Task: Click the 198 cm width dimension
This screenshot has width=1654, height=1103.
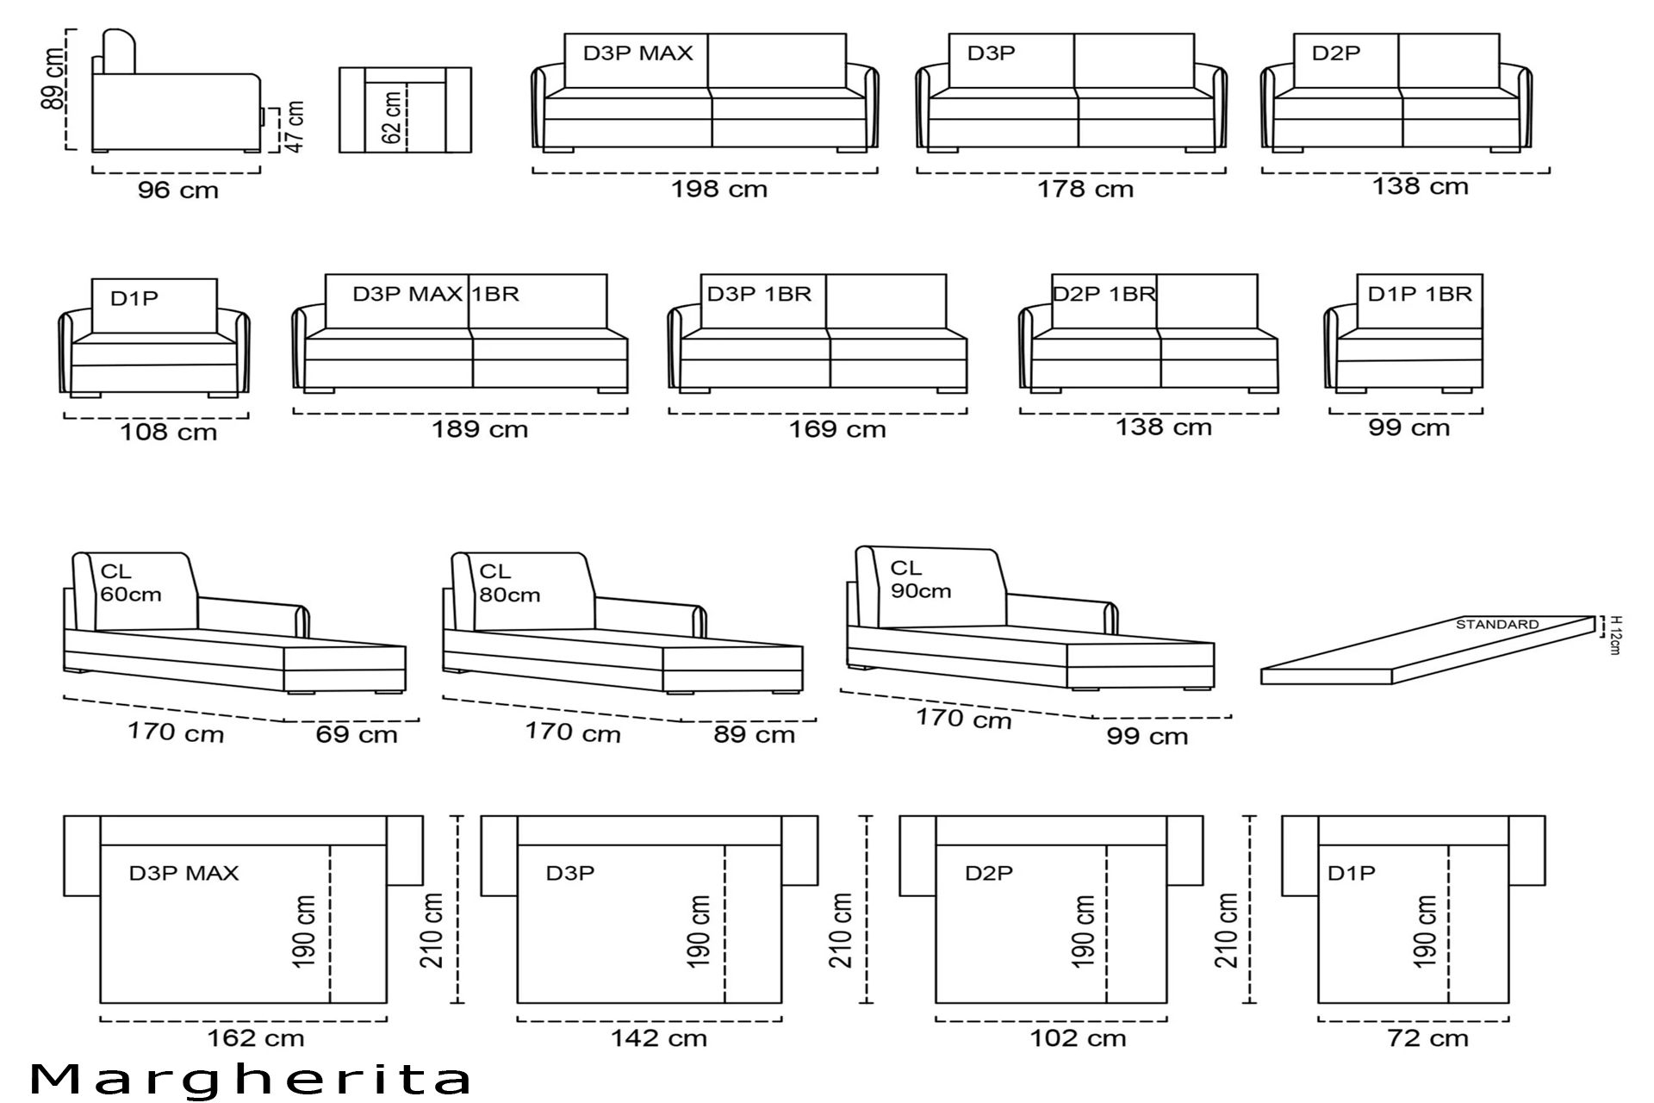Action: click(719, 189)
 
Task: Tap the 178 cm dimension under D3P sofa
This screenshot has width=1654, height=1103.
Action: click(1085, 189)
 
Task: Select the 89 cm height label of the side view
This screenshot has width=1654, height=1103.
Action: click(53, 79)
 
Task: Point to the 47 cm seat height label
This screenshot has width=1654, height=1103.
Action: click(295, 127)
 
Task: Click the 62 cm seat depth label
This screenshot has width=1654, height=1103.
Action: click(392, 118)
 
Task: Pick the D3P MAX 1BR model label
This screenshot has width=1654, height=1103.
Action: click(436, 294)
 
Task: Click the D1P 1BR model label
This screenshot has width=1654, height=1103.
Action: click(1420, 294)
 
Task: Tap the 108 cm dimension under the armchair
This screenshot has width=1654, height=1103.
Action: click(168, 432)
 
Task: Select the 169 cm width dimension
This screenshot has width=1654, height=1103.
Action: click(838, 429)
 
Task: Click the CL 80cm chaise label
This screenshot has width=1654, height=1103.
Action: click(509, 583)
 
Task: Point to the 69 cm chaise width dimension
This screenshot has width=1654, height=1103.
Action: click(357, 735)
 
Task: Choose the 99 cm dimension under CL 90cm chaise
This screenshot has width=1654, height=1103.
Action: click(1147, 736)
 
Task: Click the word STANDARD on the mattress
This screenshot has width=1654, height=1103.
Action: click(1497, 624)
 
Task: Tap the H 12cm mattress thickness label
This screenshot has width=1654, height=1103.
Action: click(1615, 635)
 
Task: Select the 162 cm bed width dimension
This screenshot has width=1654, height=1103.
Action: click(256, 1038)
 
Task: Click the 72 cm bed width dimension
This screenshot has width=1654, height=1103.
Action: click(1427, 1038)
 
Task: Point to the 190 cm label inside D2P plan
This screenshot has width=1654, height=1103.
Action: click(1085, 932)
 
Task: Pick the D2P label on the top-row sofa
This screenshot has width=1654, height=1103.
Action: click(1336, 53)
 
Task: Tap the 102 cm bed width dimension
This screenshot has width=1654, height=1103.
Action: click(1079, 1038)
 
